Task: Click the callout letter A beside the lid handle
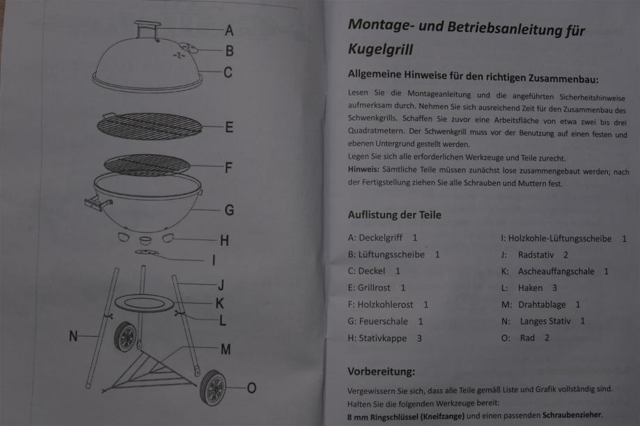229,30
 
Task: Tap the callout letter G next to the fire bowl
229,210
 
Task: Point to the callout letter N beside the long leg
73,336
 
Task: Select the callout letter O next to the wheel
251,388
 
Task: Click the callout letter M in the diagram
226,349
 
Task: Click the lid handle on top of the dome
148,30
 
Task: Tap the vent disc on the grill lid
188,48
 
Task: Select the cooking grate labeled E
150,126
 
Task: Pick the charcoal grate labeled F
147,165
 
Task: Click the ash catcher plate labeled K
145,303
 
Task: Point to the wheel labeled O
212,388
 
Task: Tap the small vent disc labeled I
146,253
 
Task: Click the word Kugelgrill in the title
380,49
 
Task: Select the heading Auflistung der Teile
394,214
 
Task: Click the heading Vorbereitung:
381,371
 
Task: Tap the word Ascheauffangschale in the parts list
556,271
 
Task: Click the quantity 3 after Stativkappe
419,338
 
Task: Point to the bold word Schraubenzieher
572,415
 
